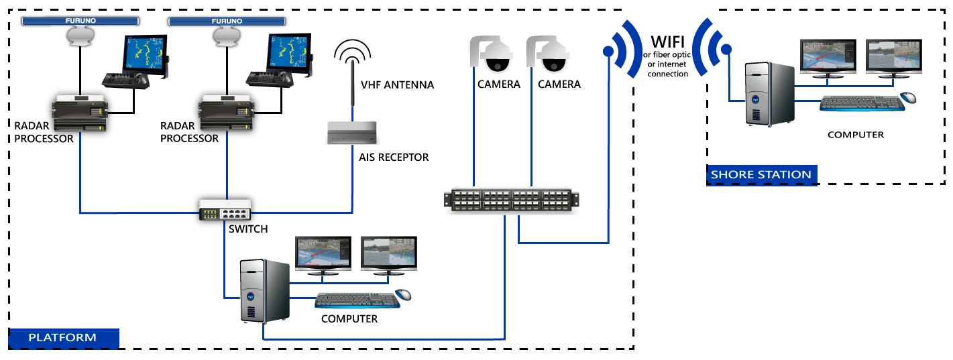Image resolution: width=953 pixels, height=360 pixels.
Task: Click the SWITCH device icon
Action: tap(225, 210)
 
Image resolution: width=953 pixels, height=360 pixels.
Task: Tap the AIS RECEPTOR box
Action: tap(352, 133)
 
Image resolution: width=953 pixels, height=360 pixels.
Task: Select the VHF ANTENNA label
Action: tap(398, 85)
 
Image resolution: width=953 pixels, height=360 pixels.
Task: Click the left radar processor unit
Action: tap(80, 113)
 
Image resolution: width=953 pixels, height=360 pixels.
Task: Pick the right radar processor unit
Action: tap(226, 113)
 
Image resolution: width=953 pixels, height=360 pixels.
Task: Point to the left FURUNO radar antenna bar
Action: tap(80, 21)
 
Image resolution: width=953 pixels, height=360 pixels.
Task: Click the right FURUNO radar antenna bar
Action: tap(227, 21)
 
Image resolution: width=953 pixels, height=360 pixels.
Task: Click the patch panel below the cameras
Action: tap(512, 200)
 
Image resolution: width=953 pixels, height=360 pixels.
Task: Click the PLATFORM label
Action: tap(62, 337)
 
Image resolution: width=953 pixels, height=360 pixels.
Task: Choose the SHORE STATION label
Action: tap(761, 175)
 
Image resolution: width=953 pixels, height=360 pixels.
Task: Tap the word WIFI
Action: tap(667, 42)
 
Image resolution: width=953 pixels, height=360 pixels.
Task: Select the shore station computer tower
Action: tap(770, 95)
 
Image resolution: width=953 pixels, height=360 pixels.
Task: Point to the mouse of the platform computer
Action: tap(403, 294)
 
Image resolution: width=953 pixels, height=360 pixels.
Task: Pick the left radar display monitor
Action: tap(146, 55)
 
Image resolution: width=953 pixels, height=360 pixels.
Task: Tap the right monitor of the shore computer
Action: tap(894, 58)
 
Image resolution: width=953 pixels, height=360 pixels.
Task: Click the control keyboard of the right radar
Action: tap(270, 79)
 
